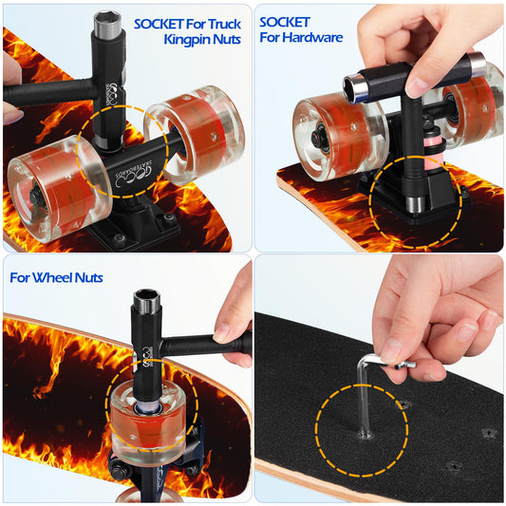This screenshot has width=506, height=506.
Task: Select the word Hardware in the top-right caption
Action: coord(313,37)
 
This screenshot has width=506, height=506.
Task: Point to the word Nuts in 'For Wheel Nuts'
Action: coord(88,278)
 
